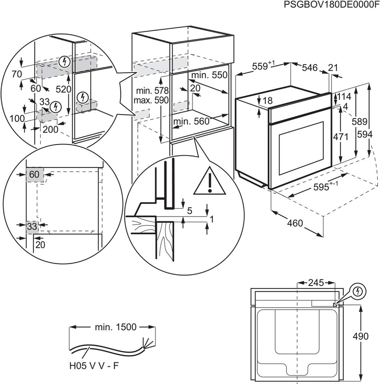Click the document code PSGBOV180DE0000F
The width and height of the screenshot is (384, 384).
coord(332,5)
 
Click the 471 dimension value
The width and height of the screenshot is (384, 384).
coord(340,137)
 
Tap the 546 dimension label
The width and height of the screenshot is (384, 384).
coord(310,68)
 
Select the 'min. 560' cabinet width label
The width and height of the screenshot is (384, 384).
coord(192,122)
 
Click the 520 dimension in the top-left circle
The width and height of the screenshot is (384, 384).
coord(63,89)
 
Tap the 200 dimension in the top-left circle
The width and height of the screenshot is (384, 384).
coord(49,129)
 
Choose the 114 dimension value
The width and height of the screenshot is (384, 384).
coord(344,96)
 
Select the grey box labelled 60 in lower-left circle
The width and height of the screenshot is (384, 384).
coord(34,175)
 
